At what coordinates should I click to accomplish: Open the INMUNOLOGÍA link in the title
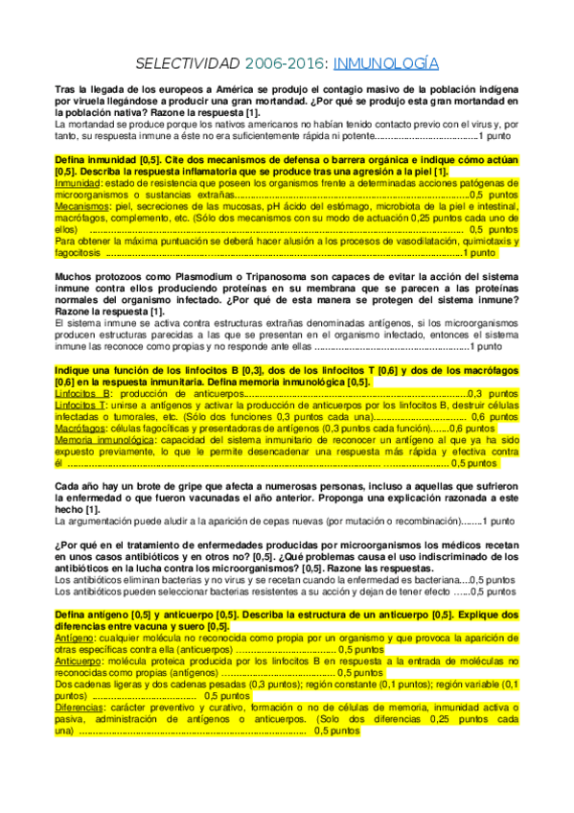click(386, 63)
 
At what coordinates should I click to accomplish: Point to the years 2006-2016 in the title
click(286, 63)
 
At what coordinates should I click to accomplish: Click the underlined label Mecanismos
click(81, 206)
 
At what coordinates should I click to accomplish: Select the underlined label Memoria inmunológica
click(101, 440)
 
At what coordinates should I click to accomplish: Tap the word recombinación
click(424, 521)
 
